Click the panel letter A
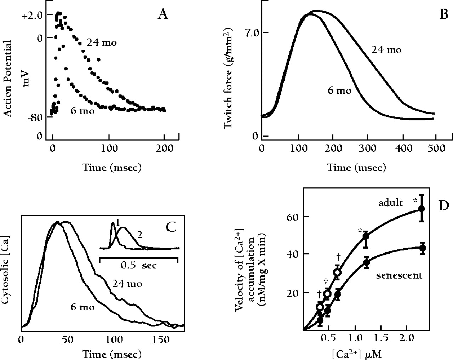click(x=162, y=15)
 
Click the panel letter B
click(x=443, y=15)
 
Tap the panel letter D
click(x=443, y=206)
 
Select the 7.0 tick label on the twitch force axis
click(x=252, y=33)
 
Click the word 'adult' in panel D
click(x=390, y=203)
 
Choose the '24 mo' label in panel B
click(x=386, y=50)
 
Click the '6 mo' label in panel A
click(x=82, y=111)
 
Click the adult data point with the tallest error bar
click(x=422, y=209)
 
